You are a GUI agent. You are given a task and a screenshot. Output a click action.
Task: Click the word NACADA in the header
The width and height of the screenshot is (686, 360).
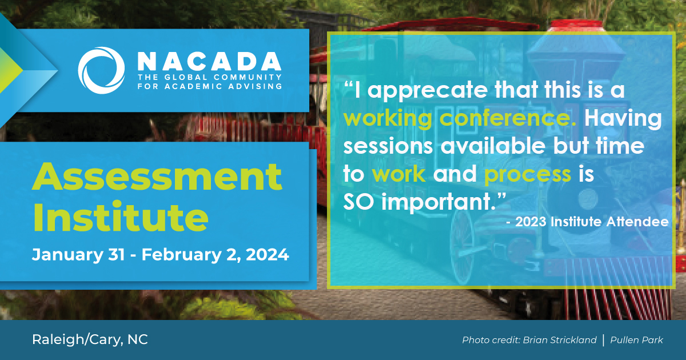[x=209, y=61]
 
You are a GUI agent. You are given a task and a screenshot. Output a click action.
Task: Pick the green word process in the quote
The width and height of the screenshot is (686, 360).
[x=528, y=174]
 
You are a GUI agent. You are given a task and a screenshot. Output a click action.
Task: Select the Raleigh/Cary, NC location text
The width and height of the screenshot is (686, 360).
[x=90, y=339]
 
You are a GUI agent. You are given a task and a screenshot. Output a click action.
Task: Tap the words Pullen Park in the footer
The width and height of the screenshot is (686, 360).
[x=637, y=341]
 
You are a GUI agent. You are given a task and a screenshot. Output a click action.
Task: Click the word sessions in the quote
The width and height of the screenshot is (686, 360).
[x=388, y=146]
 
